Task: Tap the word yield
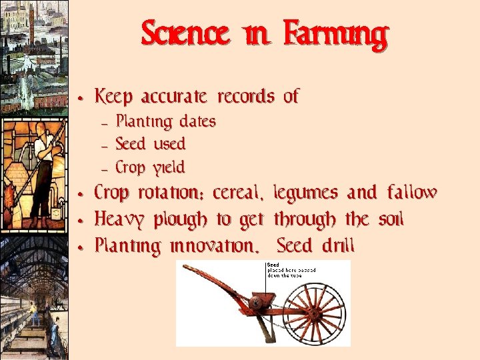coord(169,167)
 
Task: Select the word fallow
coord(412,193)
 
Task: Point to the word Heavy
coord(121,220)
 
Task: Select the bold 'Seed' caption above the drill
coord(273,265)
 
